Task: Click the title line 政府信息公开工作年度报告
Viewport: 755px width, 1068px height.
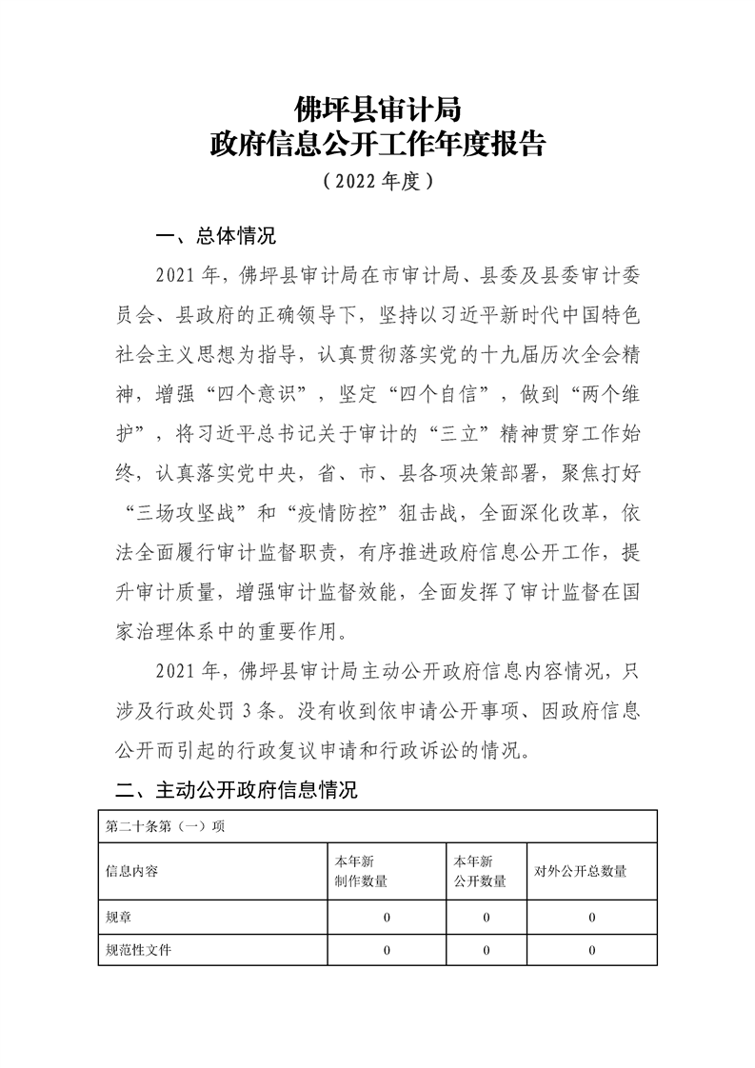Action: tap(378, 145)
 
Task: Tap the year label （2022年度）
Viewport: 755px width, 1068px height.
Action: tap(378, 180)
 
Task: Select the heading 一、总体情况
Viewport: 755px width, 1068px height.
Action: tap(215, 236)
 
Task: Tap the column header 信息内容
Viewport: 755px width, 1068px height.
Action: tap(132, 871)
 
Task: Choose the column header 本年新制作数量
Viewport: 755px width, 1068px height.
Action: tap(361, 871)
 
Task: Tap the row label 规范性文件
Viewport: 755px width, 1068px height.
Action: tap(139, 950)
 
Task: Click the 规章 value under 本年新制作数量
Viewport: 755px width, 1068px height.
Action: tap(387, 918)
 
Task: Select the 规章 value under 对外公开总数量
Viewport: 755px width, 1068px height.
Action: tap(592, 918)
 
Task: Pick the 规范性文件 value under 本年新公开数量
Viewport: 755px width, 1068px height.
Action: tap(486, 950)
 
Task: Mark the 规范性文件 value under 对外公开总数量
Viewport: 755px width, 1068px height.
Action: tap(592, 950)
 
